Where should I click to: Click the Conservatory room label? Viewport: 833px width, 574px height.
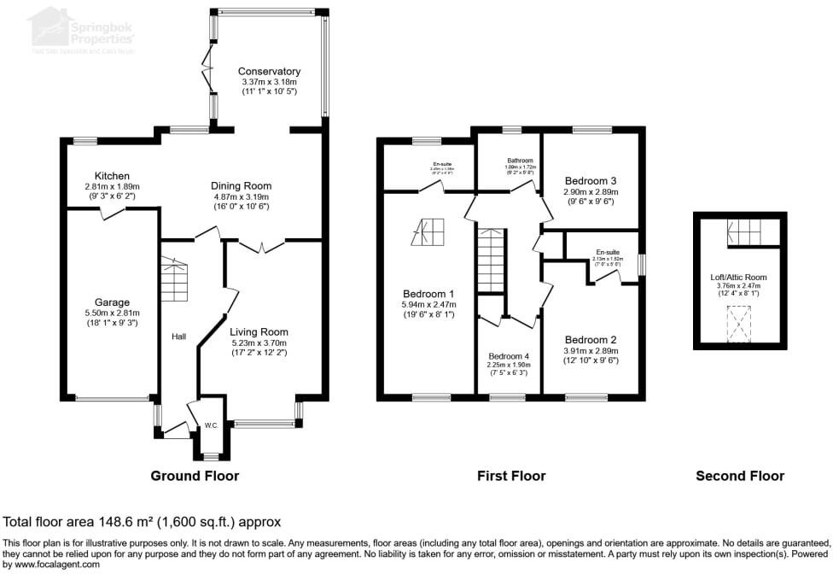pyautogui.click(x=269, y=72)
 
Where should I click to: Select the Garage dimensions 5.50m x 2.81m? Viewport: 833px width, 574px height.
pyautogui.click(x=112, y=313)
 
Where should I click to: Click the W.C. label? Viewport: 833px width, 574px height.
pyautogui.click(x=210, y=425)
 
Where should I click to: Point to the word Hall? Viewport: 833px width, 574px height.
pyautogui.click(x=178, y=337)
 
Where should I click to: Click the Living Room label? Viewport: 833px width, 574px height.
pyautogui.click(x=259, y=332)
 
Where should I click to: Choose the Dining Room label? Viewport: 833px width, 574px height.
pyautogui.click(x=241, y=185)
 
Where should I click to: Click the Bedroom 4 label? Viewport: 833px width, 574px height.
pyautogui.click(x=509, y=356)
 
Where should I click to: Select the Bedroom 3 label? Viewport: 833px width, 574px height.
pyautogui.click(x=591, y=181)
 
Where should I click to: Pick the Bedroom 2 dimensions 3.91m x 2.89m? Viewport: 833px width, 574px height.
pyautogui.click(x=591, y=350)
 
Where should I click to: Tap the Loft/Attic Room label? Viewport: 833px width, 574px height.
pyautogui.click(x=739, y=277)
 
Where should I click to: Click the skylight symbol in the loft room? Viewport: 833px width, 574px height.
pyautogui.click(x=740, y=324)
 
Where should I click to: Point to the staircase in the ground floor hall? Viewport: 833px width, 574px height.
pyautogui.click(x=174, y=278)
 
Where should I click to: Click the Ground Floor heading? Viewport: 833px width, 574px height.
pyautogui.click(x=195, y=476)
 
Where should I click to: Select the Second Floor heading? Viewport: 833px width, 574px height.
pyautogui.click(x=739, y=476)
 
